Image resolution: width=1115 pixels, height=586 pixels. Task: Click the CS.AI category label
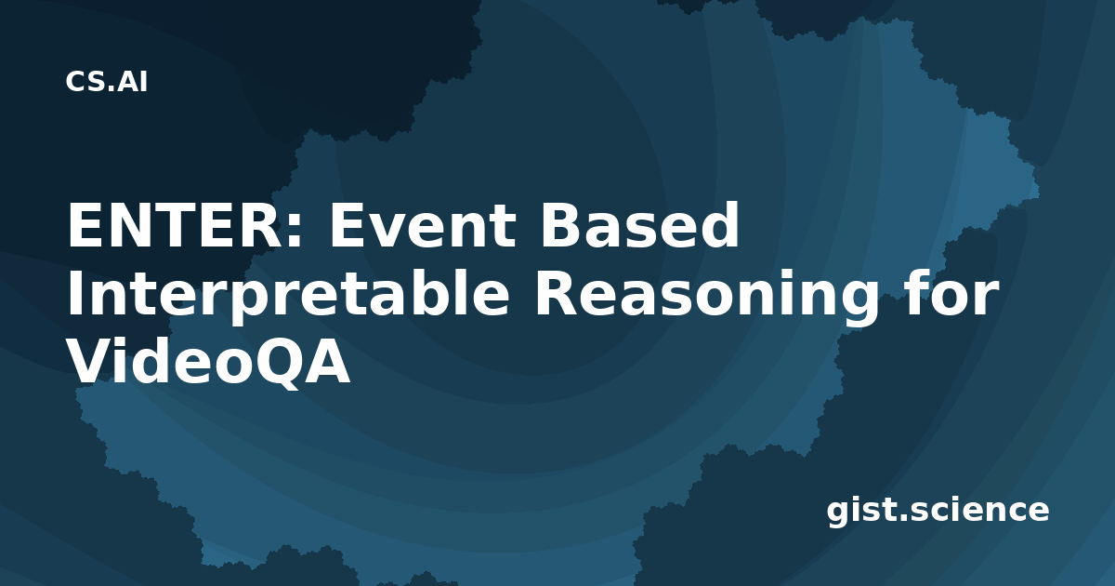point(107,82)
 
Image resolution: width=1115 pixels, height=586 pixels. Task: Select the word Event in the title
point(422,225)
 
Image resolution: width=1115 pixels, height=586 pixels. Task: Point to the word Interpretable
point(288,295)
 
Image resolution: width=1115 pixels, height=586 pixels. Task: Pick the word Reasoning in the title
point(707,295)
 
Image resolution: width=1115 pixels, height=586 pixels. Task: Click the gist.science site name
point(938,511)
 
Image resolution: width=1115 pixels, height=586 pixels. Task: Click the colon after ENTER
point(295,231)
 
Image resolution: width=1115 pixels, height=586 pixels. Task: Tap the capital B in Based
point(561,225)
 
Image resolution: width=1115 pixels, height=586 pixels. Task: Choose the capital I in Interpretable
point(73,294)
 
